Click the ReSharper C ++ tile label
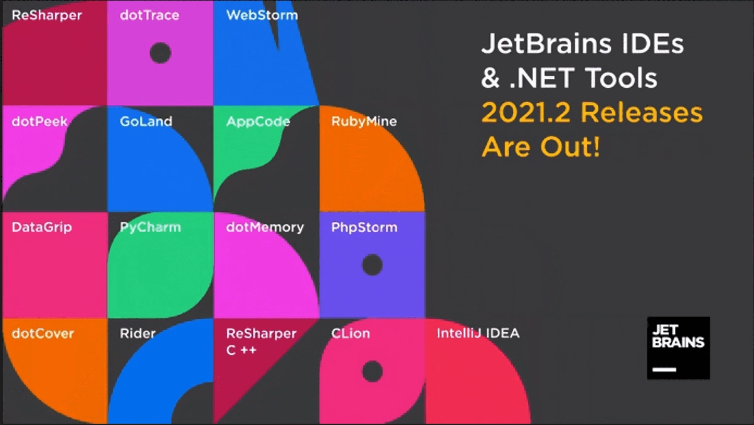pos(261,342)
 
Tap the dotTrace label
pos(149,15)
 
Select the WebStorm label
pos(262,15)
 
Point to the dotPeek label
pos(40,122)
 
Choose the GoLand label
pos(146,122)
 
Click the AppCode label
pos(258,122)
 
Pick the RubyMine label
pos(364,122)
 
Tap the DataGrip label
pos(42,228)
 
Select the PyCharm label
pos(150,228)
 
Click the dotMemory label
pos(265,228)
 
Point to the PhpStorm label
pos(364,228)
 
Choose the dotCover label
pos(43,333)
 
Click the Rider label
pos(137,333)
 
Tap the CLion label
pos(351,333)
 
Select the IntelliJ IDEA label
pos(478,333)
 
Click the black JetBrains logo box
pos(678,348)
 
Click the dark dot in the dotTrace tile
pos(160,53)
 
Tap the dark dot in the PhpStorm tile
pos(372,265)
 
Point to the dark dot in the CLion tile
pos(372,371)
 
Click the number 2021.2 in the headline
pos(526,113)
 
